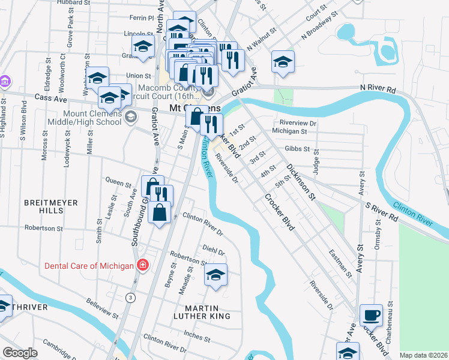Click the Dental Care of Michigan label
tap(88, 265)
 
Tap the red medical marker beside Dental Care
tap(142, 265)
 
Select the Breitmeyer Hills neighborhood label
tap(52, 207)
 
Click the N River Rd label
tap(378, 88)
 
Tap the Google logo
tap(20, 353)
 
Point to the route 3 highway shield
tap(130, 298)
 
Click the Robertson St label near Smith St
tap(43, 228)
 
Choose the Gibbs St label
tap(298, 148)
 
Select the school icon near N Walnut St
tap(283, 62)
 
